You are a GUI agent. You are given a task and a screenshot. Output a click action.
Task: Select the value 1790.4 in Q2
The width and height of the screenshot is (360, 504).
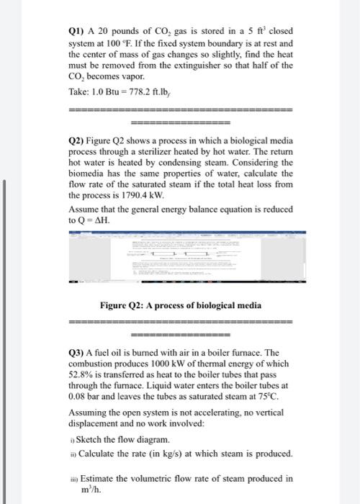pos(117,194)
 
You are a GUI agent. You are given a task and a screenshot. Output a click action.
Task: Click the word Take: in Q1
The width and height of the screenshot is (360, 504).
pos(79,93)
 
